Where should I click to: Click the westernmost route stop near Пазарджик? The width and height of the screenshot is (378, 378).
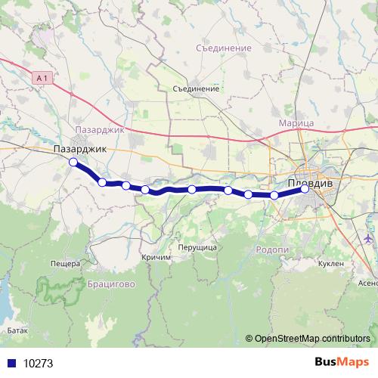pyautogui.click(x=73, y=163)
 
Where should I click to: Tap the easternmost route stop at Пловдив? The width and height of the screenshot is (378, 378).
pyautogui.click(x=305, y=189)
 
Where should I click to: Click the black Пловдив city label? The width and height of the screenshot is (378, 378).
pyautogui.click(x=315, y=182)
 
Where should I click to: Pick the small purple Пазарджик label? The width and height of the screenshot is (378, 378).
pyautogui.click(x=100, y=130)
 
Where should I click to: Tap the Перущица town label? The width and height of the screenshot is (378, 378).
pyautogui.click(x=197, y=247)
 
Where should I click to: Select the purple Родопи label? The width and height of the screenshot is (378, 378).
pyautogui.click(x=272, y=250)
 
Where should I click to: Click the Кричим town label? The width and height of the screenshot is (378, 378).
pyautogui.click(x=156, y=257)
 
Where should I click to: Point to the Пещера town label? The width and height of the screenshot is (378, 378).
pyautogui.click(x=65, y=264)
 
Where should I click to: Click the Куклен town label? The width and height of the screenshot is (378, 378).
pyautogui.click(x=331, y=263)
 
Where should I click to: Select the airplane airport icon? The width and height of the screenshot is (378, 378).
pyautogui.click(x=368, y=239)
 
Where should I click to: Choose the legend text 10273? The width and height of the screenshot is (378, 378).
pyautogui.click(x=38, y=363)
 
